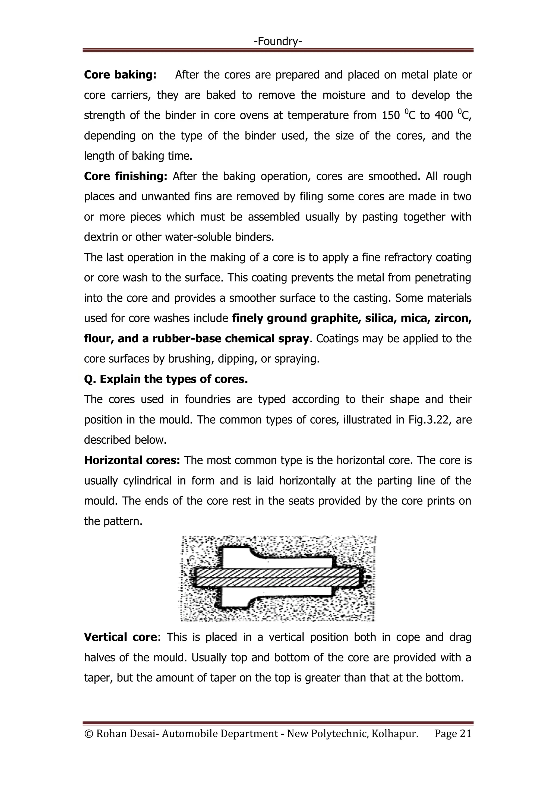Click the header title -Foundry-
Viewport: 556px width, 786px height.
pos(278,42)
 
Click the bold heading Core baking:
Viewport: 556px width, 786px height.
pos(120,75)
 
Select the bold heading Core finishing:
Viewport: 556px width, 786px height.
pos(125,176)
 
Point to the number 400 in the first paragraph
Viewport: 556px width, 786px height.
pos(443,116)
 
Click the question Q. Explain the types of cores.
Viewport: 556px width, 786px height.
pos(166,379)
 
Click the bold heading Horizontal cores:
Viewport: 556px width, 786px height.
pos(132,460)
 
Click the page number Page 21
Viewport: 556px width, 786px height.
pos(453,734)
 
